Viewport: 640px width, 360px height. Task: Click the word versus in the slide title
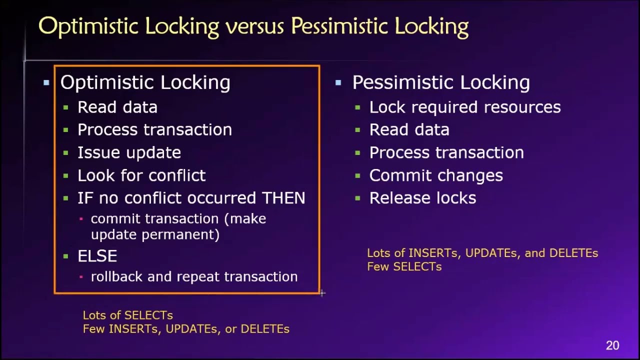[x=255, y=26]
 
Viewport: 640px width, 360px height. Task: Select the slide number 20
[x=612, y=345]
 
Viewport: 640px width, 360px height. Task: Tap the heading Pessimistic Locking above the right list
[x=440, y=83]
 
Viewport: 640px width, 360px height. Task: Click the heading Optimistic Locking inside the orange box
[x=145, y=83]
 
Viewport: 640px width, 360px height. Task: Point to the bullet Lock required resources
[x=464, y=107]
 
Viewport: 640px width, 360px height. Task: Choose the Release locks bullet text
[x=422, y=198]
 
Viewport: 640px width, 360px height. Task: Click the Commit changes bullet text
[x=435, y=175]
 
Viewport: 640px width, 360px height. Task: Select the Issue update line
[x=129, y=152]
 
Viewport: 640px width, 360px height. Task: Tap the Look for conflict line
[x=141, y=175]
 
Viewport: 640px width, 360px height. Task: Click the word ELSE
[x=97, y=256]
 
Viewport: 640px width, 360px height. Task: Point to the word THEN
[x=283, y=198]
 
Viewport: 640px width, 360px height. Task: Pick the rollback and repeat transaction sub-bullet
[x=194, y=277]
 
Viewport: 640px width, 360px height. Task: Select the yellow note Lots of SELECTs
[x=127, y=315]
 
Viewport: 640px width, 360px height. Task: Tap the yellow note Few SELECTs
[x=404, y=266]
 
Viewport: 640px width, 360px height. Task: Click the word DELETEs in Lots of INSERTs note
[x=573, y=253]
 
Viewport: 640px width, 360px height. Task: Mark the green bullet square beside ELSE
[x=66, y=256]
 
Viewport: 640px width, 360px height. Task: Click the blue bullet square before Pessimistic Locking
[x=338, y=83]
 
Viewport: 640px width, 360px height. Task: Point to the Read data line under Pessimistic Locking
[x=409, y=130]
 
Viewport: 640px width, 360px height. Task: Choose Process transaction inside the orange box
[x=154, y=130]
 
